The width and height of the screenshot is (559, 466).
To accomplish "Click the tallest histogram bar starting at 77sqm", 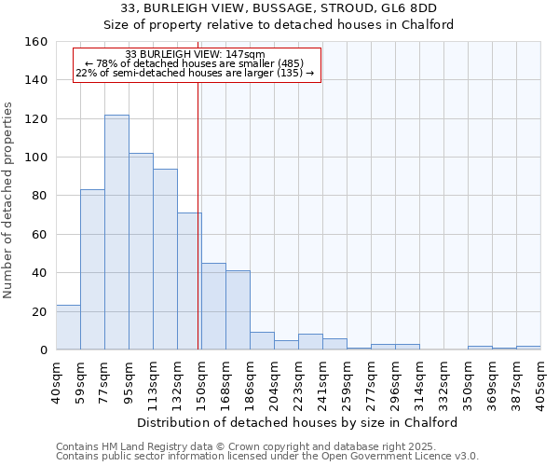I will (x=116, y=233).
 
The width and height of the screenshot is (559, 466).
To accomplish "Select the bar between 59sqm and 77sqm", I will (x=92, y=270).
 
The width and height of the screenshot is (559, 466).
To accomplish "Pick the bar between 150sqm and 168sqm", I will (x=213, y=307).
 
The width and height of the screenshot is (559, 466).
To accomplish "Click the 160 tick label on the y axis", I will (x=36, y=42).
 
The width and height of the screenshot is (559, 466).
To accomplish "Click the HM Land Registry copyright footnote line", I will (x=233, y=447).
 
